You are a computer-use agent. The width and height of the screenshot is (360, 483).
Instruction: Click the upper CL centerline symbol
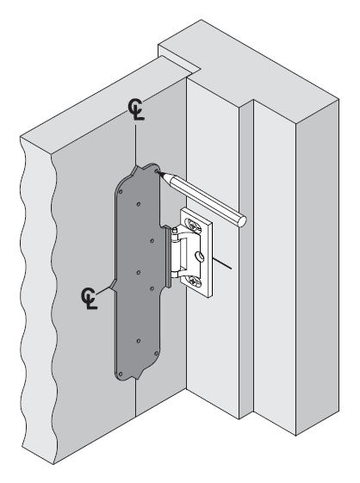(136, 109)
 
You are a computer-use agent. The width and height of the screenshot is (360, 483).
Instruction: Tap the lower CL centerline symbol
(89, 299)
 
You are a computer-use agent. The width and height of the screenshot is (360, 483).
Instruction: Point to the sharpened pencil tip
(159, 173)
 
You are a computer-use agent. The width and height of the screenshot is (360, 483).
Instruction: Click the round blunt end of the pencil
(241, 220)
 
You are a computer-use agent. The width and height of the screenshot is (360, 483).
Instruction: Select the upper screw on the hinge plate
(195, 225)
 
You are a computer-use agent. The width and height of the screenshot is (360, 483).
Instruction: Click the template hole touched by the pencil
(157, 170)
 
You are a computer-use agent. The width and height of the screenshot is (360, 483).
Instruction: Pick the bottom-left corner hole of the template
(121, 374)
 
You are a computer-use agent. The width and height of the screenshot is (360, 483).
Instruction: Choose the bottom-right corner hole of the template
(156, 353)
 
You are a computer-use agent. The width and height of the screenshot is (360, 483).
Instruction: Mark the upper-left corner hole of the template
(121, 192)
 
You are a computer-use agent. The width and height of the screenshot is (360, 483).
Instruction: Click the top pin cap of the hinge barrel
(175, 230)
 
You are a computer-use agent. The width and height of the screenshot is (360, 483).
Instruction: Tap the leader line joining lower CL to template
(104, 290)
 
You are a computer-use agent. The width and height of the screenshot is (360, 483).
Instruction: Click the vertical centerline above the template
(135, 146)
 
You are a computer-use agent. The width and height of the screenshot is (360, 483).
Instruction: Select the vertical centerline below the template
(135, 398)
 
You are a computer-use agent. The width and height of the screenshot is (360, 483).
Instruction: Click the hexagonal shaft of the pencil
(204, 197)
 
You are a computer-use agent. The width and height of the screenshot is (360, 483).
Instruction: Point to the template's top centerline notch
(135, 167)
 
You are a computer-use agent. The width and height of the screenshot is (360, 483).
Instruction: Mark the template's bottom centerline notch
(135, 377)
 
